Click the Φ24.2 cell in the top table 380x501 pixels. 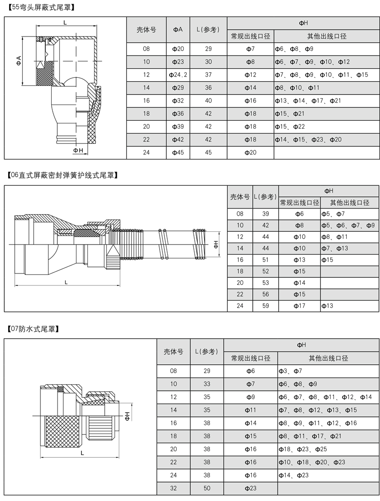(x=178, y=75)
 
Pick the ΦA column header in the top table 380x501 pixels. (x=178, y=29)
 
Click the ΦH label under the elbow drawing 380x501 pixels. (x=78, y=150)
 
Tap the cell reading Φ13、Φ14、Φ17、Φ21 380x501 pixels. (x=308, y=101)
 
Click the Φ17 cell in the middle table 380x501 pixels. (x=299, y=306)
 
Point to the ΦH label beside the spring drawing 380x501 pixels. (x=216, y=244)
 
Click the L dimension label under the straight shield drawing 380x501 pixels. (x=66, y=282)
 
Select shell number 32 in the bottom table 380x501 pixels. (x=173, y=488)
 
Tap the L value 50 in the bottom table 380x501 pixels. (x=207, y=488)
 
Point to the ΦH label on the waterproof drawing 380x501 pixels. (x=128, y=416)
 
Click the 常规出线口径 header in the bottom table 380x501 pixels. (x=250, y=358)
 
